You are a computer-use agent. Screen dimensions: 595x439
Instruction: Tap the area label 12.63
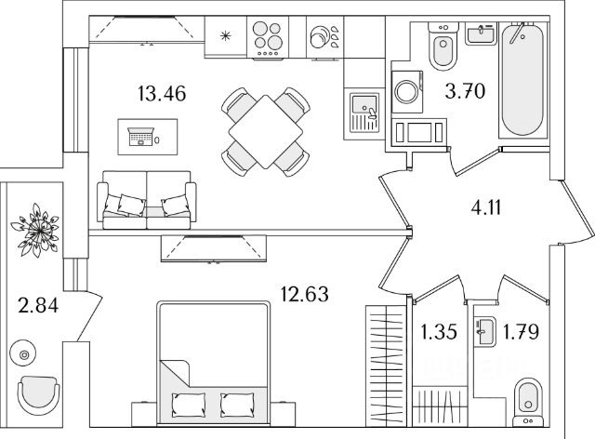[303, 295]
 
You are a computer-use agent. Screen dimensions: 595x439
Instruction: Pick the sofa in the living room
[148, 199]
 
